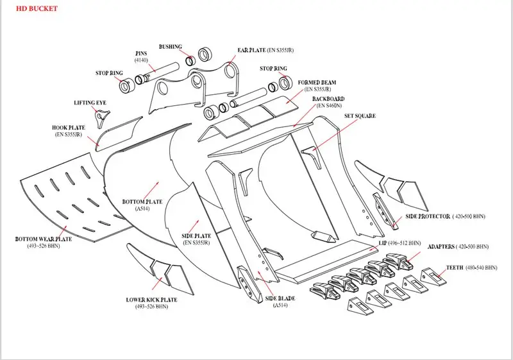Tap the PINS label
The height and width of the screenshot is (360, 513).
[142, 54]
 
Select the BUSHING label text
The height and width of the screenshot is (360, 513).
[171, 47]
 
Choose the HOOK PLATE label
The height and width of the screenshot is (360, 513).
[69, 128]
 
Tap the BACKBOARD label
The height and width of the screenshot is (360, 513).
[328, 99]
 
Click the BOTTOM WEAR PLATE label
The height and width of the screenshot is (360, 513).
[44, 239]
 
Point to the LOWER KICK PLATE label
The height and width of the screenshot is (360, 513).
[151, 300]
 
